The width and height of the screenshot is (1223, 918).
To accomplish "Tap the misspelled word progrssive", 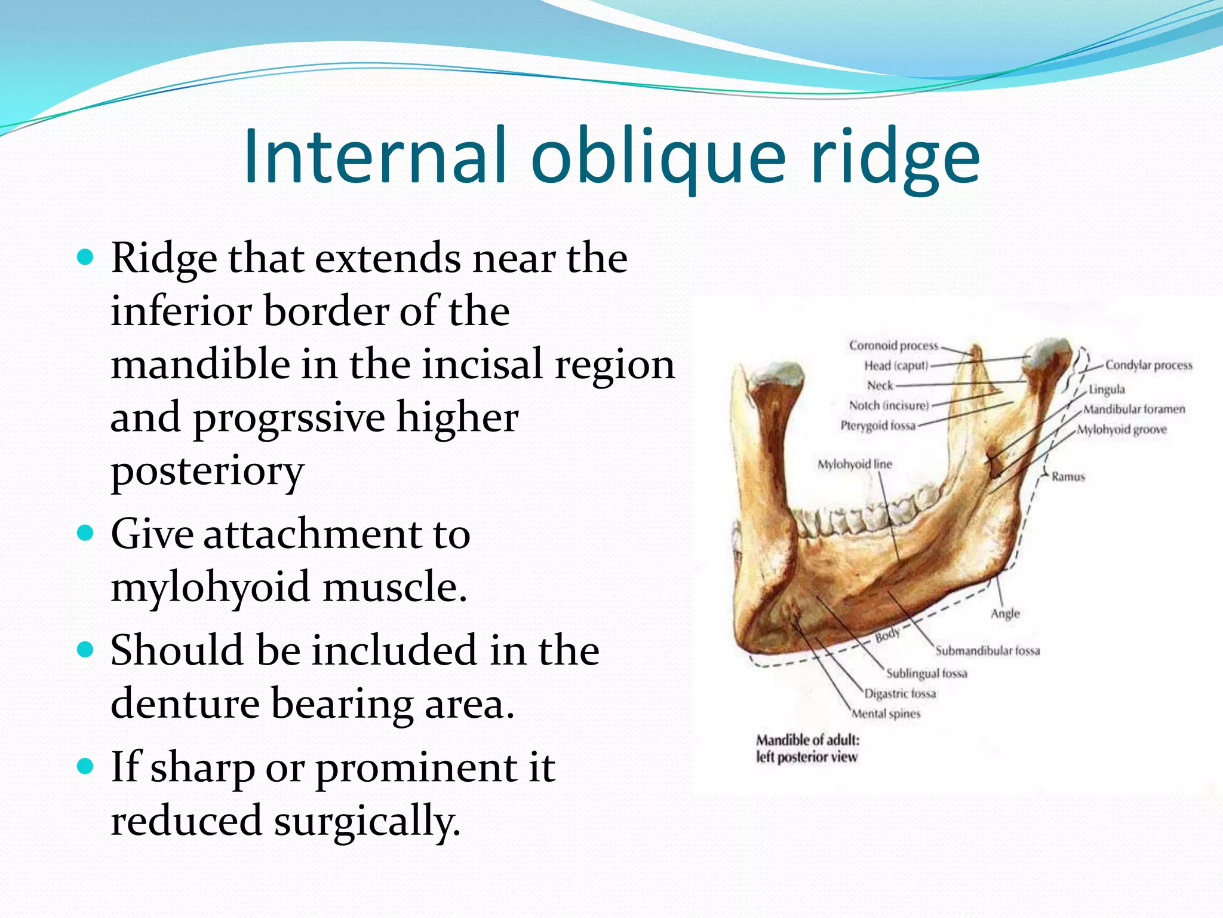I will pyautogui.click(x=289, y=418).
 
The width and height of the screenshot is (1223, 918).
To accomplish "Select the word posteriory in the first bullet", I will pyautogui.click(x=207, y=472).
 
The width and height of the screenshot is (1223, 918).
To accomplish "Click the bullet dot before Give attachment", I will pyautogui.click(x=86, y=532).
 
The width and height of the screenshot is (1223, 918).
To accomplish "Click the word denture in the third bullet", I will pyautogui.click(x=185, y=703).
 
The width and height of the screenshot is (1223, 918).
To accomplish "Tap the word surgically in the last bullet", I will pyautogui.click(x=367, y=820).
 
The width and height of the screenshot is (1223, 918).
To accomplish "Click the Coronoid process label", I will pyautogui.click(x=893, y=345).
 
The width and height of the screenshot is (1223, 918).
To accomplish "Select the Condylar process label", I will pyautogui.click(x=1148, y=365).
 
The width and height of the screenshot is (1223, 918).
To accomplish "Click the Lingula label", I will pyautogui.click(x=1106, y=390).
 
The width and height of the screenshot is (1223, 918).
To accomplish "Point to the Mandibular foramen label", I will pyautogui.click(x=1133, y=409).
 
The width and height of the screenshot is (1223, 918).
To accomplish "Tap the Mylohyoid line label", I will pyautogui.click(x=854, y=464).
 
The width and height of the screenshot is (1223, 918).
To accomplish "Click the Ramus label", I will pyautogui.click(x=1068, y=477).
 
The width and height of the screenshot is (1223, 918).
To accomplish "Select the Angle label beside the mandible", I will pyautogui.click(x=1005, y=614).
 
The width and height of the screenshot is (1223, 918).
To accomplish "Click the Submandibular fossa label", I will pyautogui.click(x=987, y=651).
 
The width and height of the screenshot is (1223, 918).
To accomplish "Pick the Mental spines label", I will pyautogui.click(x=886, y=714).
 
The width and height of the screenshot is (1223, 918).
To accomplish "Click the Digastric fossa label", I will pyautogui.click(x=900, y=694).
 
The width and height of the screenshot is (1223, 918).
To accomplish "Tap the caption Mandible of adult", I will pyautogui.click(x=807, y=740).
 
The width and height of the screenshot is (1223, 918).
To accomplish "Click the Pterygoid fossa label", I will pyautogui.click(x=877, y=426).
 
